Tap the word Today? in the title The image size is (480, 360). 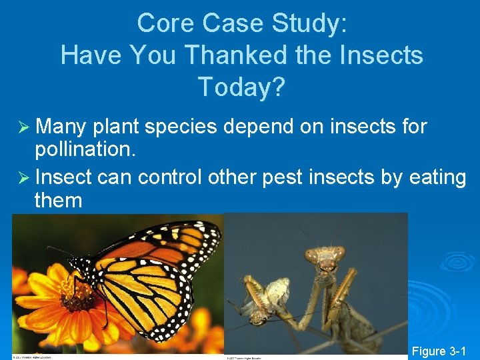tap(241, 86)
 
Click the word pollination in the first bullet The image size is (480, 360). tap(84, 149)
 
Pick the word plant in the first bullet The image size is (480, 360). tap(117, 126)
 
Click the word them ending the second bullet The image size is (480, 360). tap(58, 200)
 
